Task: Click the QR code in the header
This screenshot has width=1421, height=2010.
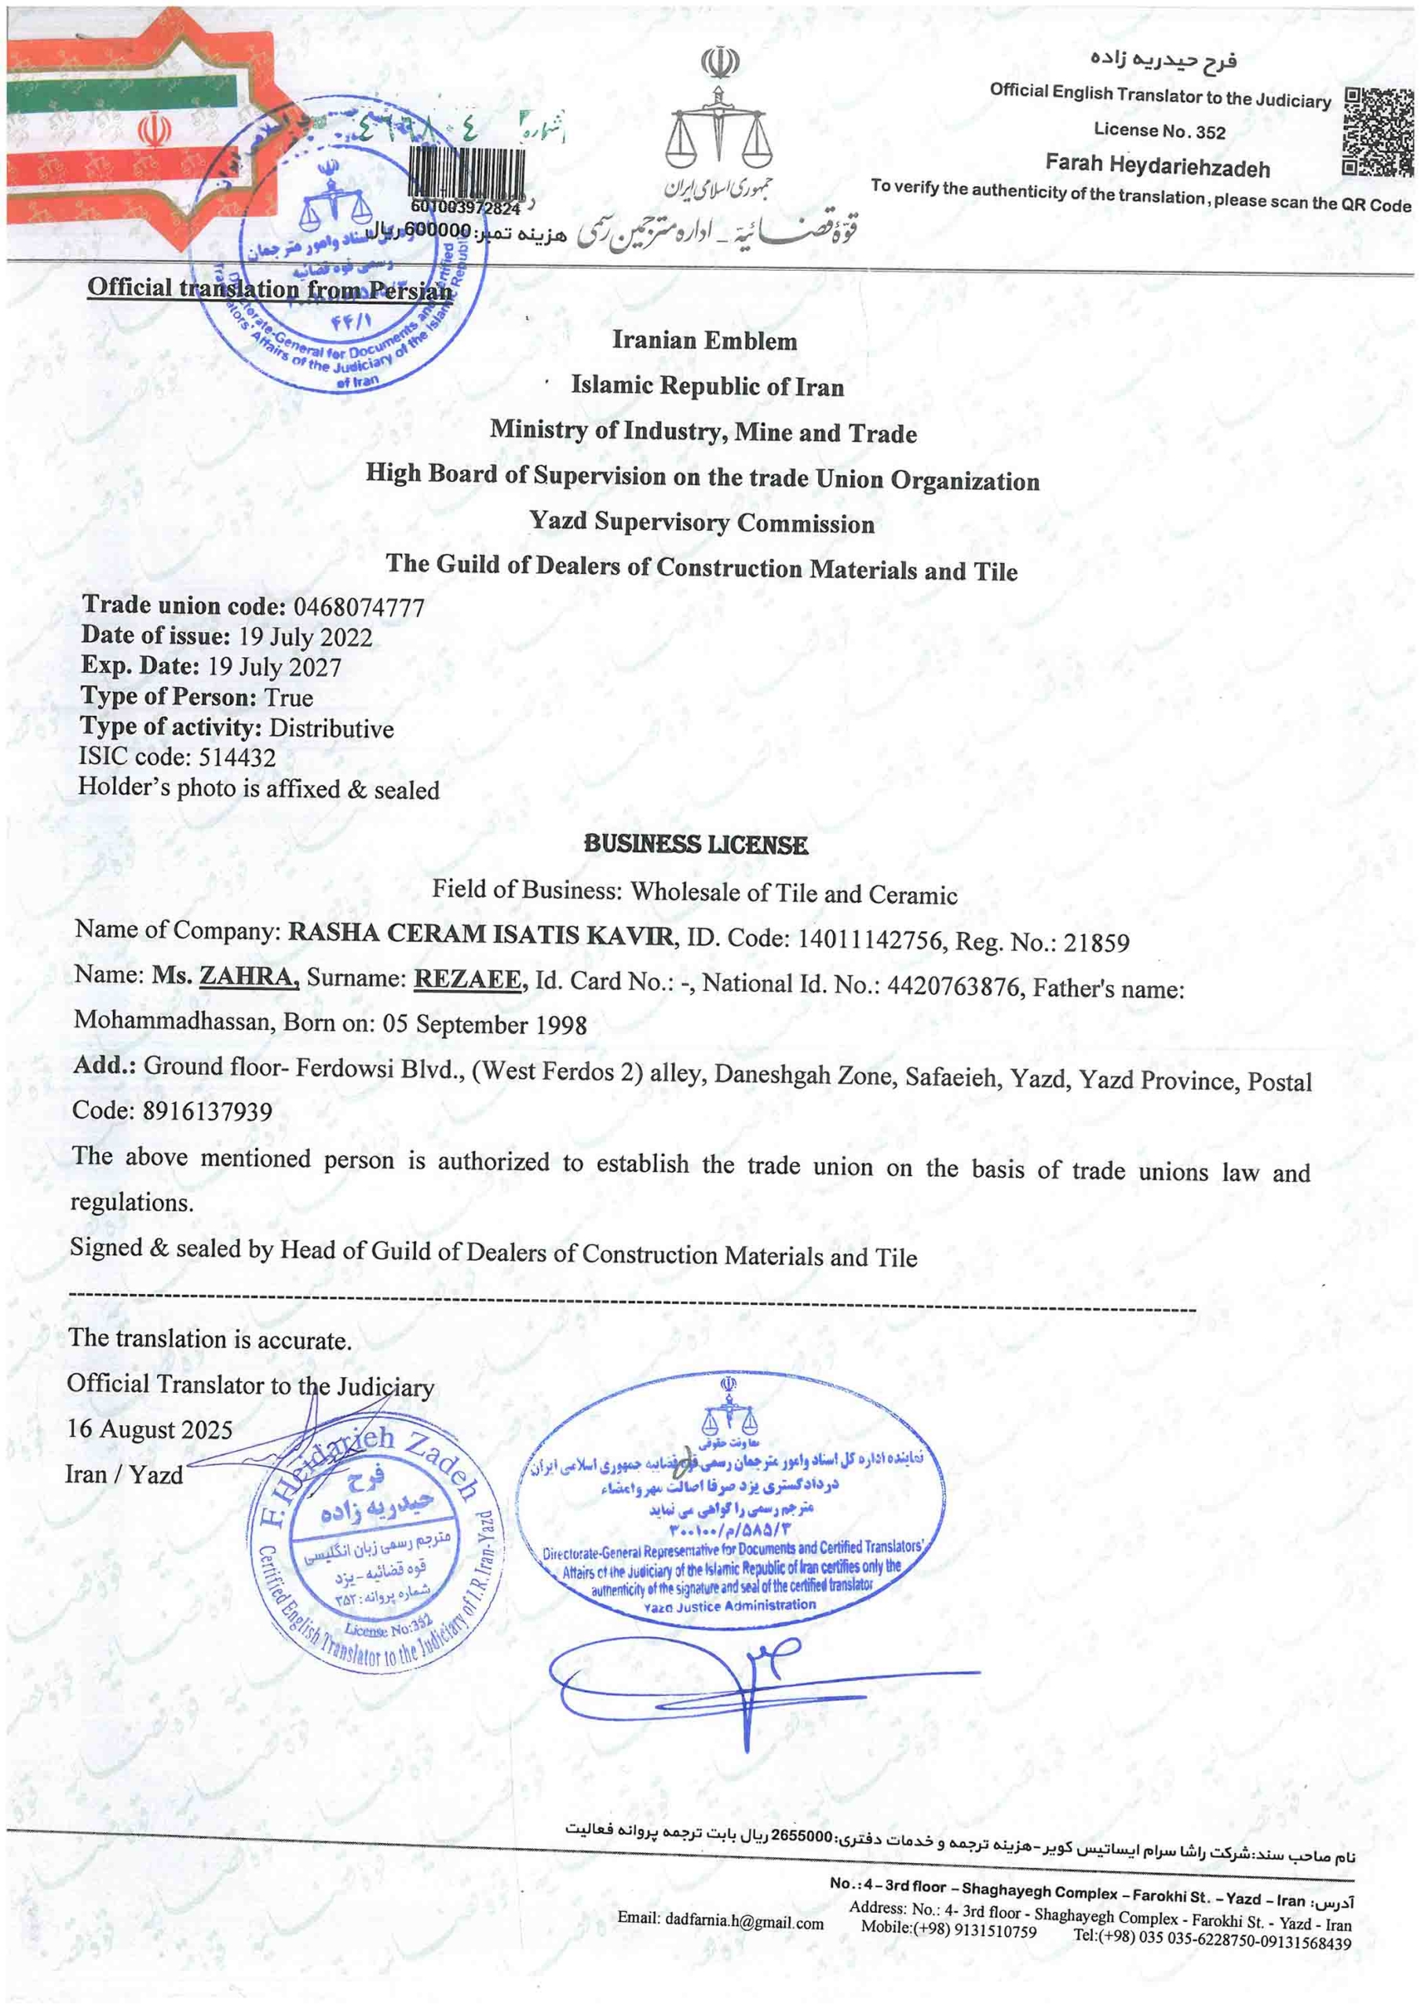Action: (x=1378, y=133)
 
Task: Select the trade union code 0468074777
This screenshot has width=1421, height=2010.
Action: (x=359, y=608)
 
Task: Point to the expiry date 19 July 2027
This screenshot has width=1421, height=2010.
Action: (x=274, y=667)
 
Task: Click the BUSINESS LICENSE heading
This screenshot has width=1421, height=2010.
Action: (x=696, y=845)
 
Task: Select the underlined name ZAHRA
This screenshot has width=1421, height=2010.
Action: (x=249, y=975)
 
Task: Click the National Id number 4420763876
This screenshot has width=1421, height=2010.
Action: (x=953, y=987)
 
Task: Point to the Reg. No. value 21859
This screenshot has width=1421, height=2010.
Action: (x=1096, y=942)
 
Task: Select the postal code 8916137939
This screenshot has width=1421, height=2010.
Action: (x=207, y=1111)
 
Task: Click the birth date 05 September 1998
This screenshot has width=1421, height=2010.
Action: (x=484, y=1025)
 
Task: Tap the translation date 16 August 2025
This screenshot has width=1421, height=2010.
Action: (x=150, y=1430)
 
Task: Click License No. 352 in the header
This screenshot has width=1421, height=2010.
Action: (x=1160, y=131)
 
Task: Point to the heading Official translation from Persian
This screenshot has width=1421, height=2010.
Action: (x=269, y=288)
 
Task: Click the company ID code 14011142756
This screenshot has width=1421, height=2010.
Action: (x=869, y=939)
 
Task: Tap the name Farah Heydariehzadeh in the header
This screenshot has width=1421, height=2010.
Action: (x=1156, y=166)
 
